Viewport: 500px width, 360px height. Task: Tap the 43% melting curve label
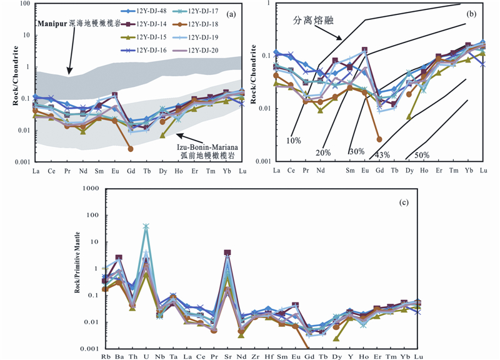coord(382,154)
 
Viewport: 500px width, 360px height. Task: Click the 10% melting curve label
coord(292,139)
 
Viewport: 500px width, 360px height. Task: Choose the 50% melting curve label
coord(422,154)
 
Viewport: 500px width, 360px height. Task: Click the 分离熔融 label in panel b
coord(313,19)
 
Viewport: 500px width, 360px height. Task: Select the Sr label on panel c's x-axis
coord(228,356)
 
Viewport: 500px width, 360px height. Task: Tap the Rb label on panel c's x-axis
coord(106,356)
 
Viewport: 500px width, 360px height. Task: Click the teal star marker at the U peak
coord(147,227)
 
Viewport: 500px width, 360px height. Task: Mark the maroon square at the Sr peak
coord(228,252)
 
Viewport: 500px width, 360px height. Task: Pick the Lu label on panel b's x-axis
coord(482,169)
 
